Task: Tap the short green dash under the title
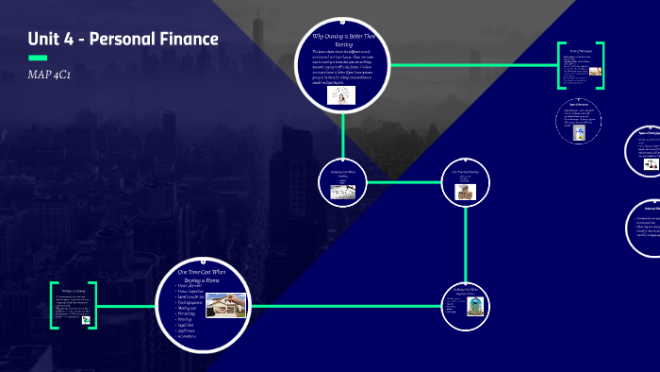pos(39,59)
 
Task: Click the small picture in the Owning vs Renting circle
pos(336,96)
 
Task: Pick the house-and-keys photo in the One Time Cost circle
pos(225,304)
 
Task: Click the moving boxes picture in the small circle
pos(466,192)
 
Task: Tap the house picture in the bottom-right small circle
pos(471,304)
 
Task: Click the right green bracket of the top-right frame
pos(601,66)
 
